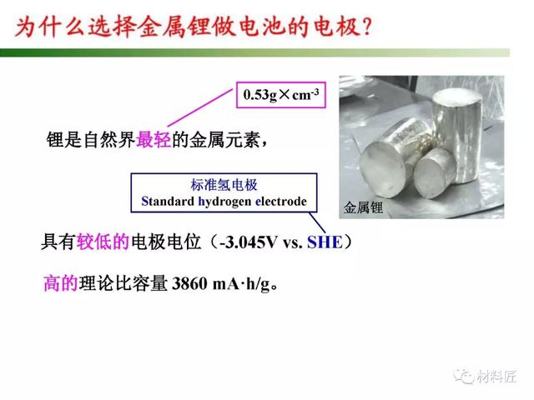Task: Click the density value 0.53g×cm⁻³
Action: pyautogui.click(x=281, y=94)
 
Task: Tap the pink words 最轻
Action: pyautogui.click(x=154, y=139)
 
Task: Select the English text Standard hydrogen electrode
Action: pyautogui.click(x=224, y=202)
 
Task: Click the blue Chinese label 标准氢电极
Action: pyautogui.click(x=224, y=185)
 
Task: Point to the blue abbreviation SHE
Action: pyautogui.click(x=325, y=242)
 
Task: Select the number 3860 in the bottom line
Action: pyautogui.click(x=189, y=283)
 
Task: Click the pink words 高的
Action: pyautogui.click(x=61, y=283)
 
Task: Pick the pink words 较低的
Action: pyautogui.click(x=103, y=242)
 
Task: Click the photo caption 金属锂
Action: pyautogui.click(x=363, y=207)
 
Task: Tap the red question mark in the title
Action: pyautogui.click(x=367, y=27)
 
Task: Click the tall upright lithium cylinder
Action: pyautogui.click(x=457, y=136)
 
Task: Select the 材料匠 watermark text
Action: pyautogui.click(x=496, y=376)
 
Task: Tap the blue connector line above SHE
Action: pyautogui.click(x=317, y=223)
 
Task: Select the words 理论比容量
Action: pyautogui.click(x=123, y=283)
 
